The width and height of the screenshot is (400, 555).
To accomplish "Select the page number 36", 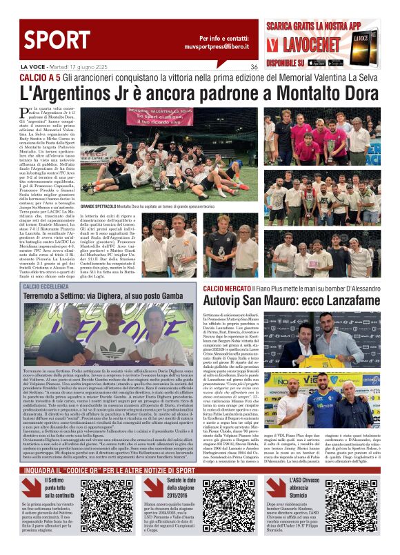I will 254,67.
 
